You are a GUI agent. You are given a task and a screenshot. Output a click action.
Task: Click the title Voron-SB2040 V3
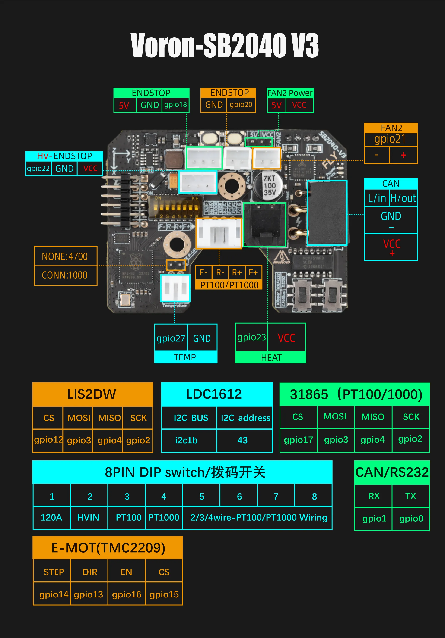click(x=225, y=45)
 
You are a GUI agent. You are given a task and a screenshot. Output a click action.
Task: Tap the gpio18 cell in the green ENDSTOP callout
click(x=175, y=105)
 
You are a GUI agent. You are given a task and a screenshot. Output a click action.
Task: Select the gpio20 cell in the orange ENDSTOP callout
click(x=241, y=105)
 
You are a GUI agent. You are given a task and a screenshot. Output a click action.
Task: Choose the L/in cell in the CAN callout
click(x=377, y=198)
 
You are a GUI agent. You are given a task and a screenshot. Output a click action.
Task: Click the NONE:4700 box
click(x=65, y=256)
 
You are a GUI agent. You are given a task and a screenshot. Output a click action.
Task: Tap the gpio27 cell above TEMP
click(x=171, y=338)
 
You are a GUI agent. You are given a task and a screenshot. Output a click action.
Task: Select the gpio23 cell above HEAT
click(x=251, y=337)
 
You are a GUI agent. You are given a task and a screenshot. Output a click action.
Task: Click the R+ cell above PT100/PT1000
click(x=237, y=273)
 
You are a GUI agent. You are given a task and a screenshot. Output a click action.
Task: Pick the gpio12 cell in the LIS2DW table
click(x=48, y=440)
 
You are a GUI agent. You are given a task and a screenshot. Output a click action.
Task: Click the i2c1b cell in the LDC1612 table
click(x=186, y=440)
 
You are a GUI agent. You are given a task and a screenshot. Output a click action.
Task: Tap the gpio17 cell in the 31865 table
click(x=298, y=440)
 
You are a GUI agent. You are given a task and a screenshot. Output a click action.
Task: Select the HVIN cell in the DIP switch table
click(x=88, y=517)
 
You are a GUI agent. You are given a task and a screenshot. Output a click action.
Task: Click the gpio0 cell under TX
click(x=411, y=518)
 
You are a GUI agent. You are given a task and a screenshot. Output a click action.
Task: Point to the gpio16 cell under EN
click(x=127, y=594)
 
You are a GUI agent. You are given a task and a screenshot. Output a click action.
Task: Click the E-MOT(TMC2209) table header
click(x=108, y=548)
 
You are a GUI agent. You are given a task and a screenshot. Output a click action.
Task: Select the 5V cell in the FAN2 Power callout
click(x=277, y=105)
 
